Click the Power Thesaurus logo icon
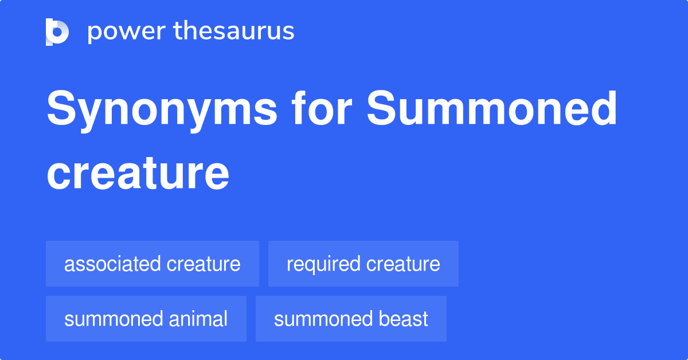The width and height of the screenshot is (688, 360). click(x=57, y=32)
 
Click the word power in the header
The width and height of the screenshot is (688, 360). click(x=127, y=32)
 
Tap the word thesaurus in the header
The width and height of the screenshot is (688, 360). click(x=234, y=30)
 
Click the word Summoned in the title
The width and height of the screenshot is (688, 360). click(x=492, y=108)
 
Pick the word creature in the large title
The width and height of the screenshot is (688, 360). click(x=138, y=173)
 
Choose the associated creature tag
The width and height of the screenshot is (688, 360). click(x=153, y=264)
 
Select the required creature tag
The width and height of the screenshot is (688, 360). click(x=363, y=264)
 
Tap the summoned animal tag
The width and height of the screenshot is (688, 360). click(x=146, y=319)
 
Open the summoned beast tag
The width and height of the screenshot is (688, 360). click(x=351, y=319)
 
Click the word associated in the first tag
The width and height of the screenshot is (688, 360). click(x=112, y=264)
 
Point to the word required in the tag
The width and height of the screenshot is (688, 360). click(x=323, y=265)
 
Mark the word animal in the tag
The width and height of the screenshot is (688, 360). click(x=198, y=319)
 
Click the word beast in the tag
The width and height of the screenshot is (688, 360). click(x=403, y=319)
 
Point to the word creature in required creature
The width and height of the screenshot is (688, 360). click(x=403, y=264)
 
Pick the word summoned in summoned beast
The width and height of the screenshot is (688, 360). click(x=323, y=319)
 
